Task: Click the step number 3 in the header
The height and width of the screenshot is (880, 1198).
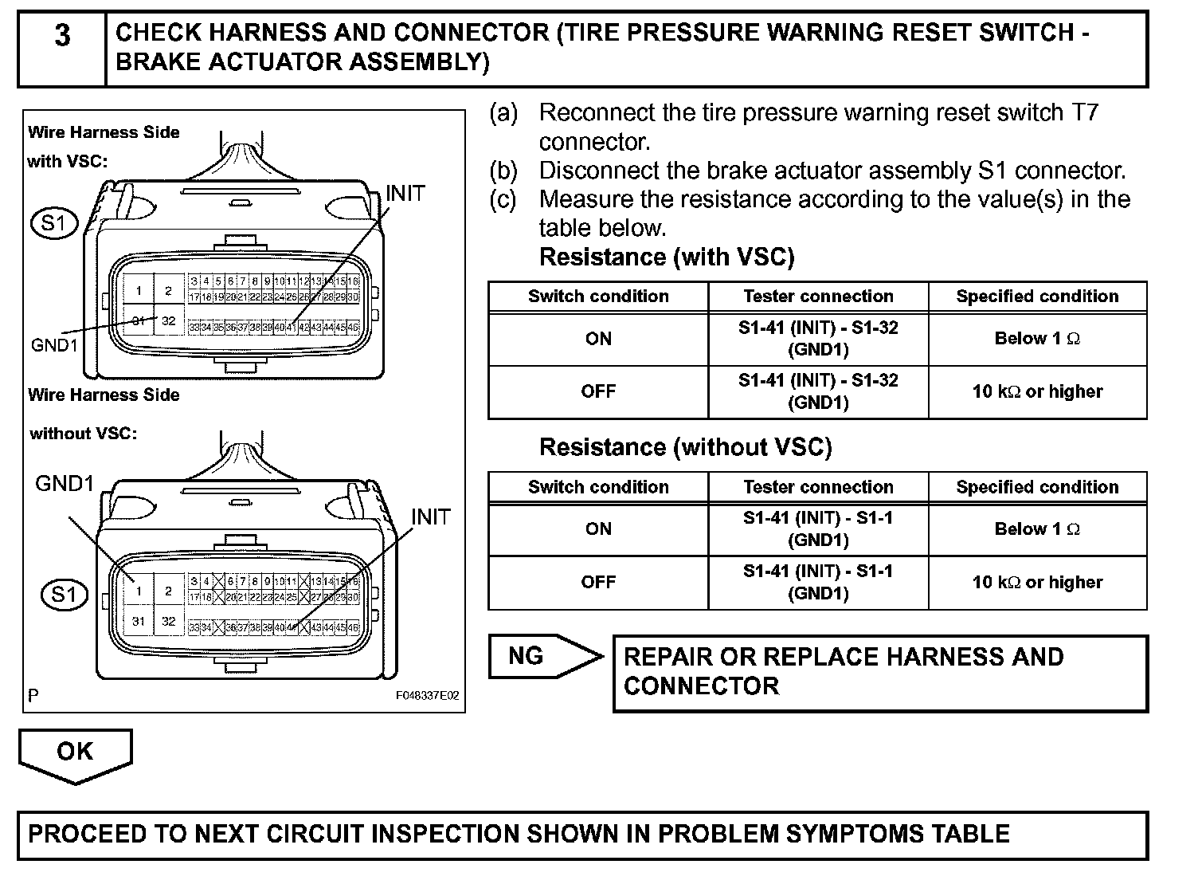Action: point(62,37)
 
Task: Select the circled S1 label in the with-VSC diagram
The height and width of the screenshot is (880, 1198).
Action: point(54,223)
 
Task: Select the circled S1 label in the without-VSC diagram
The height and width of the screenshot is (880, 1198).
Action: point(65,595)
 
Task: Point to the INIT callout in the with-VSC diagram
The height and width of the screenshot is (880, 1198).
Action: point(405,194)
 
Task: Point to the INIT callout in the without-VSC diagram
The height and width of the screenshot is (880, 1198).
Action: point(430,517)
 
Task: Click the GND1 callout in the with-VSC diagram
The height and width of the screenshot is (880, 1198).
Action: point(54,345)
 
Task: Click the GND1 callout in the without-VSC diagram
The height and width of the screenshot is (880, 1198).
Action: point(65,483)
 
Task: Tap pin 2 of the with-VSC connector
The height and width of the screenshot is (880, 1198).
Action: point(168,291)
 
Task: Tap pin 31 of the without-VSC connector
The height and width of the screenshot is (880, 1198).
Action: point(139,622)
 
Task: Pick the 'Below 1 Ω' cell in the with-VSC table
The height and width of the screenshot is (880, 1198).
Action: point(1037,339)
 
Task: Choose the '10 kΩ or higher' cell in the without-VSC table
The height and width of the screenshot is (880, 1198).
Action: point(1037,583)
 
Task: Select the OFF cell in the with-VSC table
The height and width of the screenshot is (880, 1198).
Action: point(598,391)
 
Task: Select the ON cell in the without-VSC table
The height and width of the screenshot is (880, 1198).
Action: point(598,529)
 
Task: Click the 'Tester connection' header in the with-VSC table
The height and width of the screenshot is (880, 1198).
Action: point(818,297)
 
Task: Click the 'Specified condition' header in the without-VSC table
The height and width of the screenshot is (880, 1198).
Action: point(1037,487)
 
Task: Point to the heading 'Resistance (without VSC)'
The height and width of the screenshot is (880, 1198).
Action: point(685,447)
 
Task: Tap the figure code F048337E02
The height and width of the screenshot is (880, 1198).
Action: point(428,696)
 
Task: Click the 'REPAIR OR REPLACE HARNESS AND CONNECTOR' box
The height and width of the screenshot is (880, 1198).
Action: point(879,672)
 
